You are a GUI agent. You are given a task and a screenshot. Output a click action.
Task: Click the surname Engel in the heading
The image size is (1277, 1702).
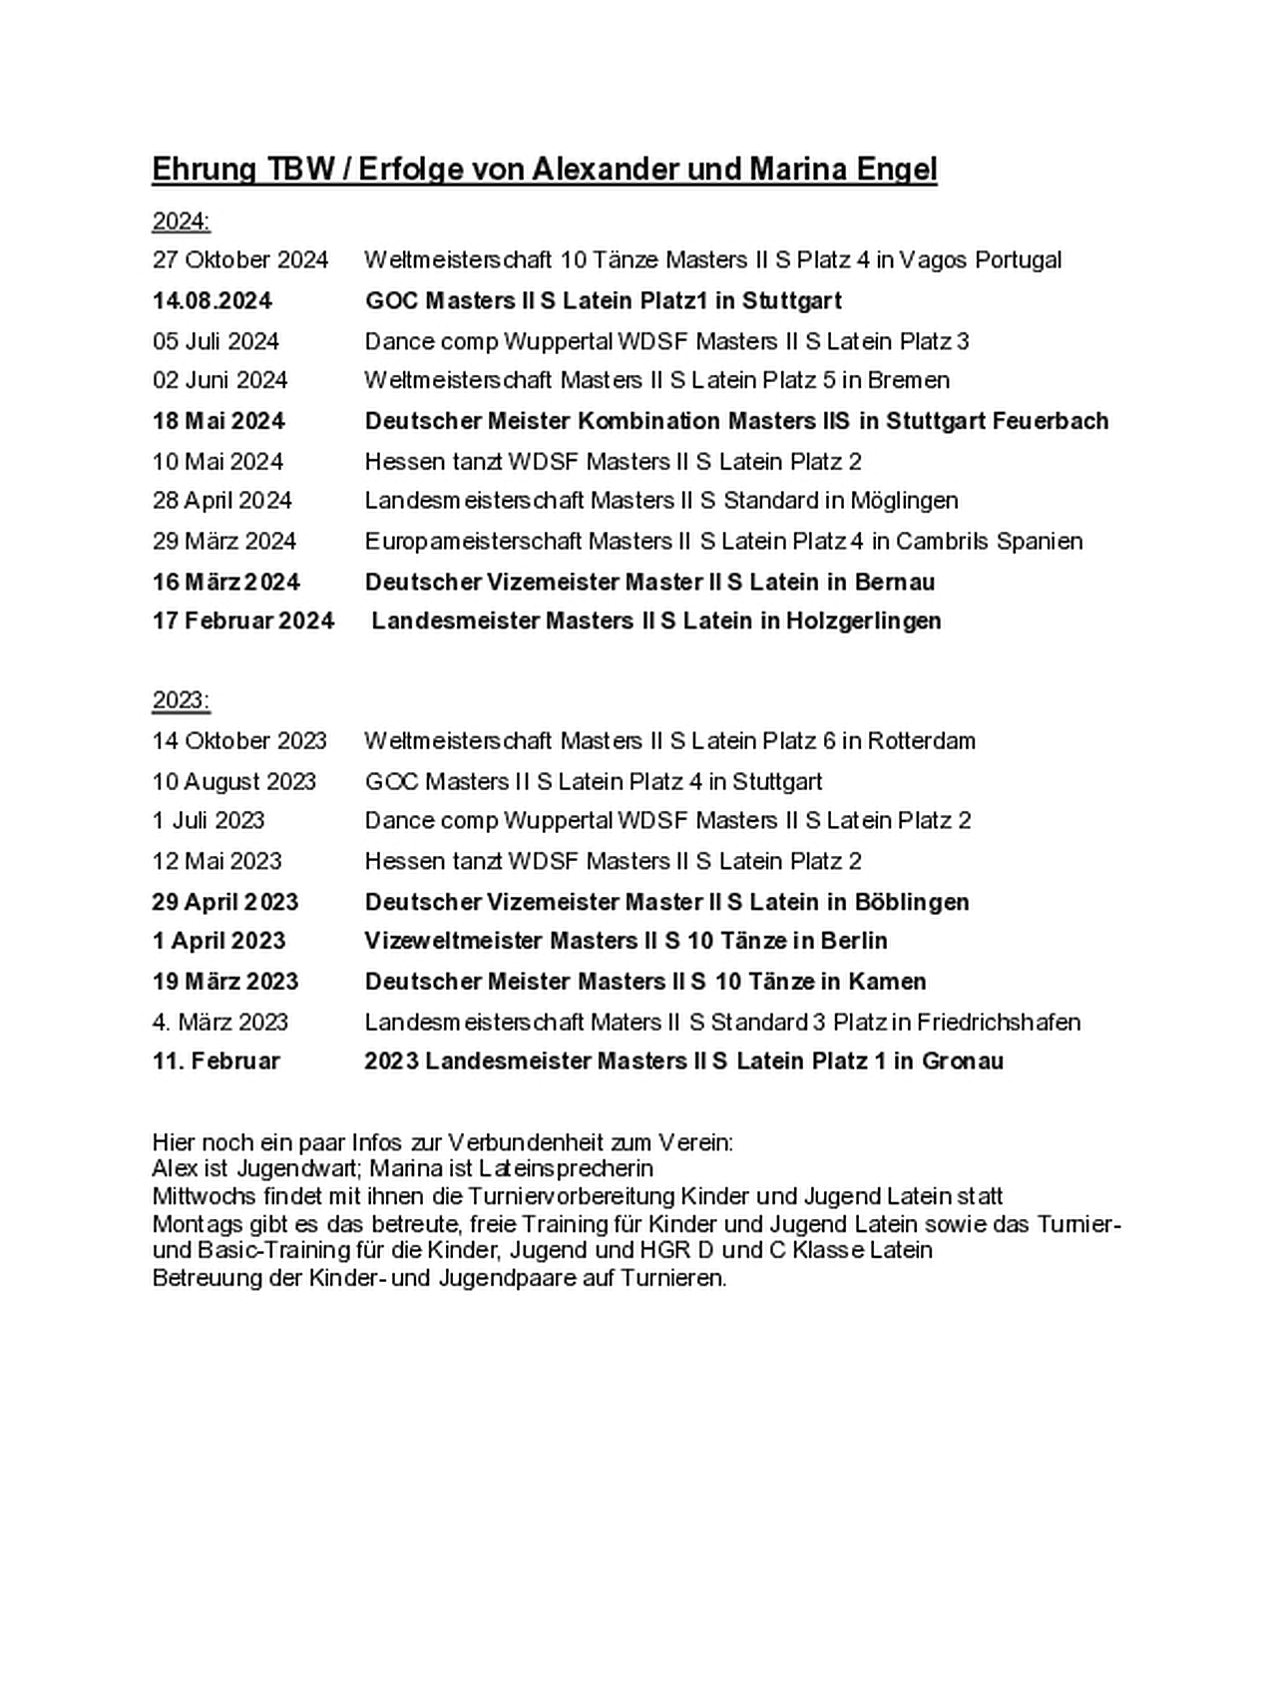pos(897,170)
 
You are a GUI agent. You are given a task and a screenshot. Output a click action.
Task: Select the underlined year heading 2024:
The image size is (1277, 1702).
pos(181,220)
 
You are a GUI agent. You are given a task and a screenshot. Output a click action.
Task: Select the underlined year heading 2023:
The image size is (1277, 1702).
pos(181,700)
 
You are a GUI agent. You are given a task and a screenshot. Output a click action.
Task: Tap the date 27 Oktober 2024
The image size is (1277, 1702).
pos(239,260)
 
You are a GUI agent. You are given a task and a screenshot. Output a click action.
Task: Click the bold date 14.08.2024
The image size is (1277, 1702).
pos(212,301)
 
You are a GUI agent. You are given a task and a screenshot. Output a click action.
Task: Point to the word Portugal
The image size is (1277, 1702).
pos(1018,260)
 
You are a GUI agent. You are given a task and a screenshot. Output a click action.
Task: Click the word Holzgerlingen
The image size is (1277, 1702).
pos(863,622)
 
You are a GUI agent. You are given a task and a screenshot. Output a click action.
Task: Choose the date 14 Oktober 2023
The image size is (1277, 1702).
pos(239,741)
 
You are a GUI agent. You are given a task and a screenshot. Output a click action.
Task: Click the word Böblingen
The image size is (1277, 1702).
pos(912,902)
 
